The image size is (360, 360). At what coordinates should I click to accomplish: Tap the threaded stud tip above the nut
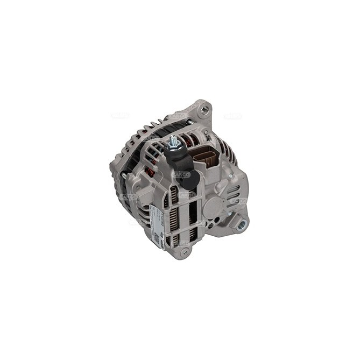point(173,138)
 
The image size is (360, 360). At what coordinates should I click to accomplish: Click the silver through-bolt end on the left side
point(123,176)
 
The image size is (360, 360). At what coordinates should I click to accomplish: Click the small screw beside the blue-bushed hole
point(229,214)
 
